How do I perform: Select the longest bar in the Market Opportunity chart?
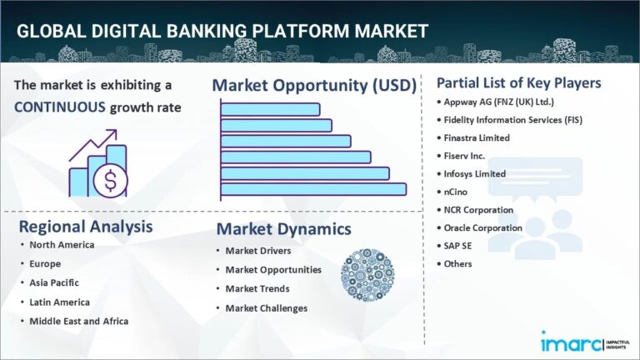pos(313,189)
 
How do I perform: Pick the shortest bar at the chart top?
pos(270,109)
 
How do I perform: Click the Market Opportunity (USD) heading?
pos(317,85)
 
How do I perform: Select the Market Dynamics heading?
pos(283,228)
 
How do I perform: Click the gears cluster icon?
pos(367,274)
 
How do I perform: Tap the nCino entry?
pos(462,192)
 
